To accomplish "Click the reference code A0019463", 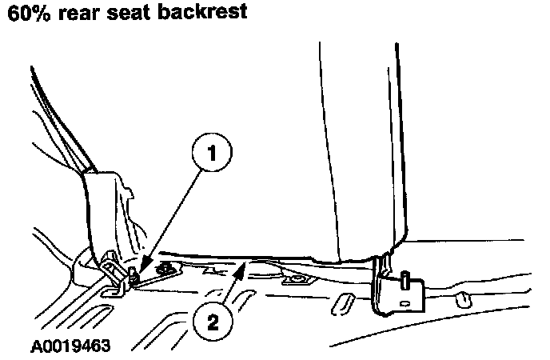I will [x=70, y=347].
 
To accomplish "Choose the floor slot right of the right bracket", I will [x=461, y=301].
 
